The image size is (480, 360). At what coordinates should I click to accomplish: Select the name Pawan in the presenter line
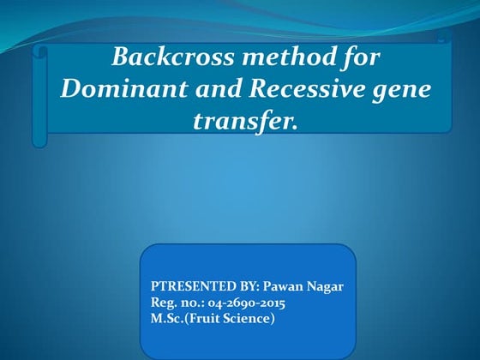(x=282, y=286)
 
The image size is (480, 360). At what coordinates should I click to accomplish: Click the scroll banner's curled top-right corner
(x=443, y=37)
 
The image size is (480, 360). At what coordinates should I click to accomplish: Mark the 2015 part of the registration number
(x=272, y=303)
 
